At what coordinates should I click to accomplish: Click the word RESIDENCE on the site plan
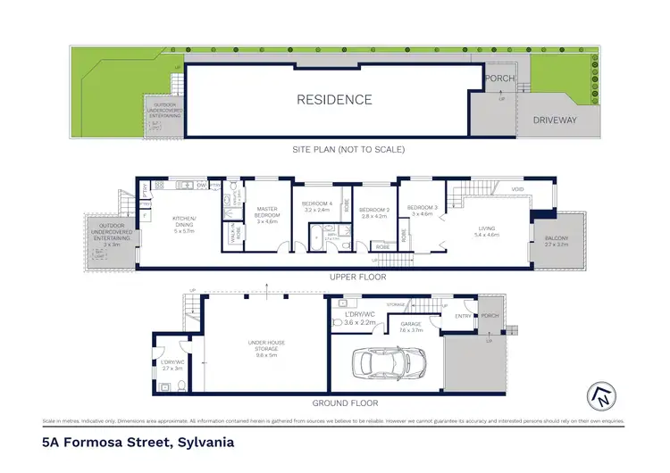(334, 100)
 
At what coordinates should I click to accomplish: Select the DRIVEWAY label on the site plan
(556, 120)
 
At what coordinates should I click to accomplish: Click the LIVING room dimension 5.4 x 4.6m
(486, 234)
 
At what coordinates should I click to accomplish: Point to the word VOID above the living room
(516, 189)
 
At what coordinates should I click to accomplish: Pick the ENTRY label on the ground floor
(463, 316)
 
